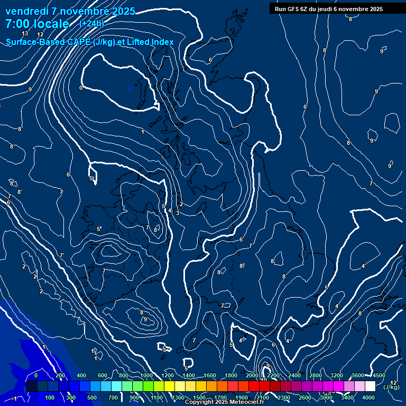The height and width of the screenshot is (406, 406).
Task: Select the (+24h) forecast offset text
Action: point(91,24)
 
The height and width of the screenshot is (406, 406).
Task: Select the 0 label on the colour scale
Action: point(36,375)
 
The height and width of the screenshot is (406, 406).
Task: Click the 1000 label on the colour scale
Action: point(146,375)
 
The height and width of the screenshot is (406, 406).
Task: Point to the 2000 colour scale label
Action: point(252,375)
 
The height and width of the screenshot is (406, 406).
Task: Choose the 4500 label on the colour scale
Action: point(379,375)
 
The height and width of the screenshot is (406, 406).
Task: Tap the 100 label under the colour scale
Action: point(50,398)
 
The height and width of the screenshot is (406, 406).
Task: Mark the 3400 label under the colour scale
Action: point(347,398)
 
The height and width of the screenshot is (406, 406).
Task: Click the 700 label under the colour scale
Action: point(113,398)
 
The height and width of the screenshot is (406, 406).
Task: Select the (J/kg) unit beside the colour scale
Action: point(391,387)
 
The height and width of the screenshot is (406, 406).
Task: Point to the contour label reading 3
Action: point(178,213)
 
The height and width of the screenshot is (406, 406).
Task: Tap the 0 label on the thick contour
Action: point(81,88)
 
